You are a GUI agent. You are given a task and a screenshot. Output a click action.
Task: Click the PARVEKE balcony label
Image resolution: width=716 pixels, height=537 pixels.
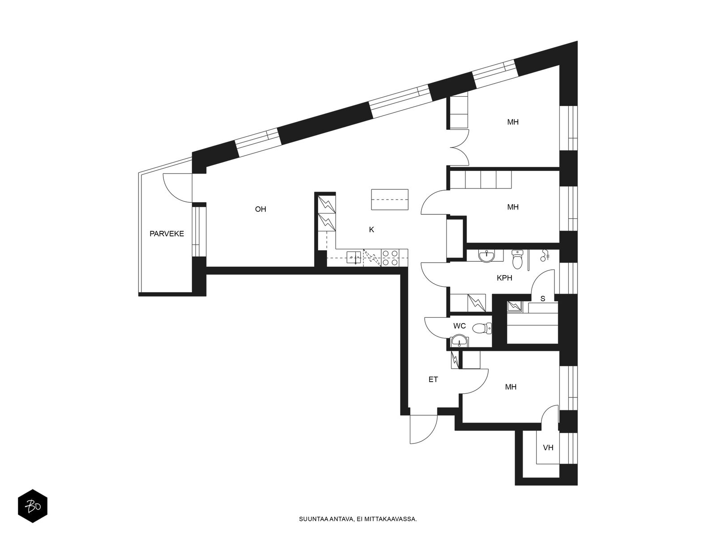(x=166, y=234)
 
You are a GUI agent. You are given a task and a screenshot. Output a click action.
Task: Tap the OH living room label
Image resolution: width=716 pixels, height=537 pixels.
(x=260, y=209)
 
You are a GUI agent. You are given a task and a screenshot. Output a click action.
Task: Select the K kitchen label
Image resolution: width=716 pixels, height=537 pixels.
(x=371, y=230)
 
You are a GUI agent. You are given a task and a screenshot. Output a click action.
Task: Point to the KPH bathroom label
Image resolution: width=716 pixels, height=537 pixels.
(x=504, y=278)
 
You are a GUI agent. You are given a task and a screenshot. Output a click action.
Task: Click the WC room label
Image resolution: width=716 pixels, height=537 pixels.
(x=459, y=326)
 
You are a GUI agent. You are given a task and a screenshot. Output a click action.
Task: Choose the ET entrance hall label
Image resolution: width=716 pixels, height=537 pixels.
(x=433, y=379)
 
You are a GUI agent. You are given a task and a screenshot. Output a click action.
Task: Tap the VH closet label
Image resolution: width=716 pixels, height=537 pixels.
(x=548, y=448)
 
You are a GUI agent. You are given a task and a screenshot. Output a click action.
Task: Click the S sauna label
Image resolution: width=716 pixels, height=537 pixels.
(x=542, y=298)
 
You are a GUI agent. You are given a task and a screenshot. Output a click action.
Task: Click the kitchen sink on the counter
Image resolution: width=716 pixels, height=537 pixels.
(x=354, y=258)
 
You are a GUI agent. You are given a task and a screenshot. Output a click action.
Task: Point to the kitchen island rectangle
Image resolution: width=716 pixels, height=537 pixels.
(x=389, y=200)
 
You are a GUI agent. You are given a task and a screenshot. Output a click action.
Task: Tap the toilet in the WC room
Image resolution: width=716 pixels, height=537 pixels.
(x=482, y=328)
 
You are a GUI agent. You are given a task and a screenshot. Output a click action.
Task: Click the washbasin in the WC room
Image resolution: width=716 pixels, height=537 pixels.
(x=460, y=341)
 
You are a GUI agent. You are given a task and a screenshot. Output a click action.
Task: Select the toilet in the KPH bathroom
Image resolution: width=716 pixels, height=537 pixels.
(x=517, y=259)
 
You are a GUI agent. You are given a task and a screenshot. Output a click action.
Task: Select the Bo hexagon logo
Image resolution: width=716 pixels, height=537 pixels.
(x=33, y=507)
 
